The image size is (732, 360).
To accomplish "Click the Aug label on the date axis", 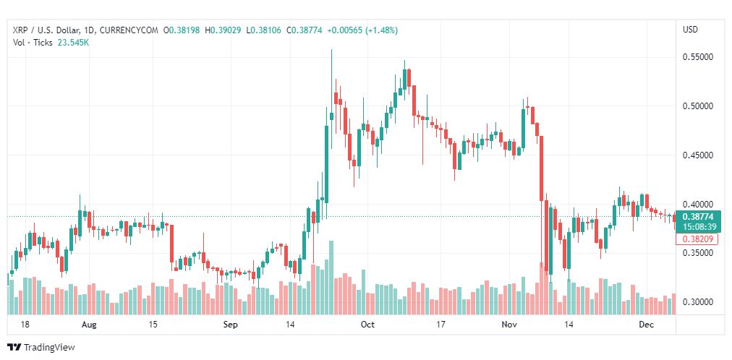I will pyautogui.click(x=90, y=325).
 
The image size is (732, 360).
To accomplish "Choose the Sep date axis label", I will pyautogui.click(x=230, y=325).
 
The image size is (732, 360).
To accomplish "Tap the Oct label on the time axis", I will pyautogui.click(x=367, y=325).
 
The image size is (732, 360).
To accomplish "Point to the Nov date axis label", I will pyautogui.click(x=509, y=325).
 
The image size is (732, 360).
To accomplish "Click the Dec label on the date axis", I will pyautogui.click(x=647, y=325).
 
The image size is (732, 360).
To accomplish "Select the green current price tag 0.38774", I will pyautogui.click(x=697, y=215).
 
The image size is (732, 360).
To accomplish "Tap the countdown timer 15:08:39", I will pyautogui.click(x=697, y=226).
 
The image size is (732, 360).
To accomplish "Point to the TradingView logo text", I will pyautogui.click(x=49, y=348).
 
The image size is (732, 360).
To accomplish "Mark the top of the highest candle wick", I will pyautogui.click(x=331, y=50).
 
